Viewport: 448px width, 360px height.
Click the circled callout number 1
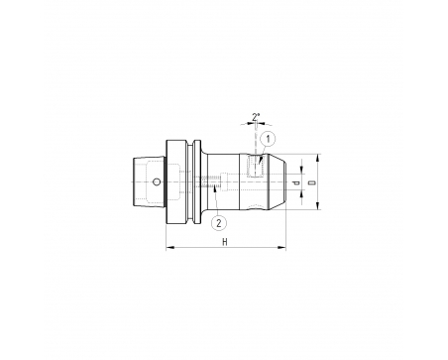pyautogui.click(x=268, y=139)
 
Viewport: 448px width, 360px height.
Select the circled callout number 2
pyautogui.click(x=219, y=223)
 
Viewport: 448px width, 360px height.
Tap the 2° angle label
pyautogui.click(x=256, y=117)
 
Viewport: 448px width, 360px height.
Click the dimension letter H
pyautogui.click(x=225, y=242)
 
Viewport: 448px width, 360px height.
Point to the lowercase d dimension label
pyautogui.click(x=296, y=182)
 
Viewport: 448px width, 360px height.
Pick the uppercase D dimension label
pyautogui.click(x=311, y=182)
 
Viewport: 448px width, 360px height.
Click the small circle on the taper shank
pyautogui.click(x=157, y=181)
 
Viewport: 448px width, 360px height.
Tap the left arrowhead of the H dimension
pyautogui.click(x=169, y=247)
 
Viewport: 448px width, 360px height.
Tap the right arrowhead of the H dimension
pyautogui.click(x=281, y=247)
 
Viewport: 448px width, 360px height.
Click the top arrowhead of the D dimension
pyautogui.click(x=317, y=158)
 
